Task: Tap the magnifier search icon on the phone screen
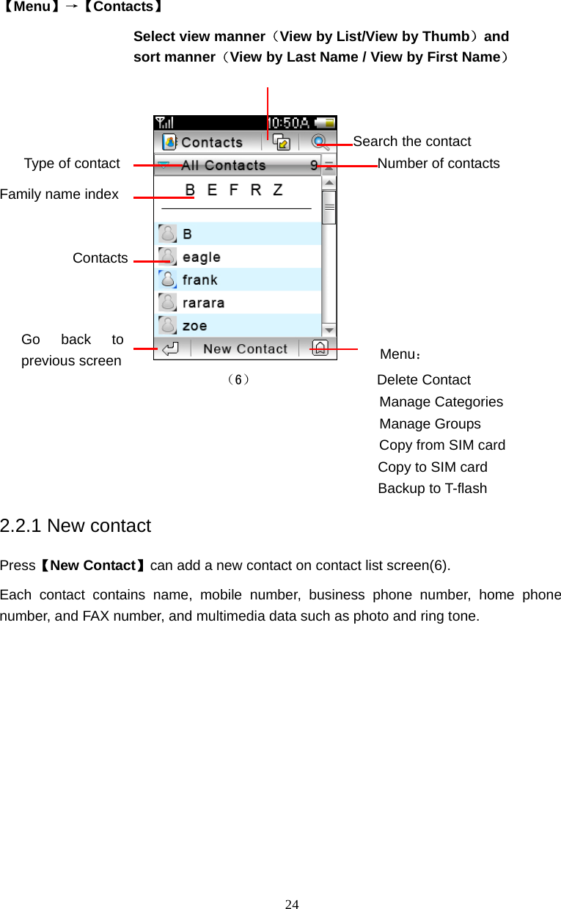click(x=319, y=142)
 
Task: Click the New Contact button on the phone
click(x=245, y=349)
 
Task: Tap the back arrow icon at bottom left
click(x=171, y=349)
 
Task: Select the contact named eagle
click(x=201, y=257)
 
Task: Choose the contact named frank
click(x=199, y=280)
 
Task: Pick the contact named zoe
click(x=194, y=326)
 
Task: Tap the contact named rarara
click(x=203, y=302)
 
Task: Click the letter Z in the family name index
click(x=278, y=190)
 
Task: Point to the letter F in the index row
click(x=234, y=190)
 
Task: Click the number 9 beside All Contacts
click(x=314, y=166)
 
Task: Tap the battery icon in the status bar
click(x=326, y=123)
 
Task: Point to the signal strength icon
click(x=166, y=123)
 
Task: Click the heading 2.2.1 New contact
click(x=76, y=526)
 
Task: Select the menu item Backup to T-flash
click(x=432, y=489)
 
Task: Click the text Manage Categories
click(x=441, y=402)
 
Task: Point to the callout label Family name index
click(x=59, y=194)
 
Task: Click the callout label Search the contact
click(x=411, y=142)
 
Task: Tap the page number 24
click(x=292, y=904)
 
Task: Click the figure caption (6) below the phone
click(x=238, y=380)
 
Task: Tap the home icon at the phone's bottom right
click(x=320, y=348)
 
